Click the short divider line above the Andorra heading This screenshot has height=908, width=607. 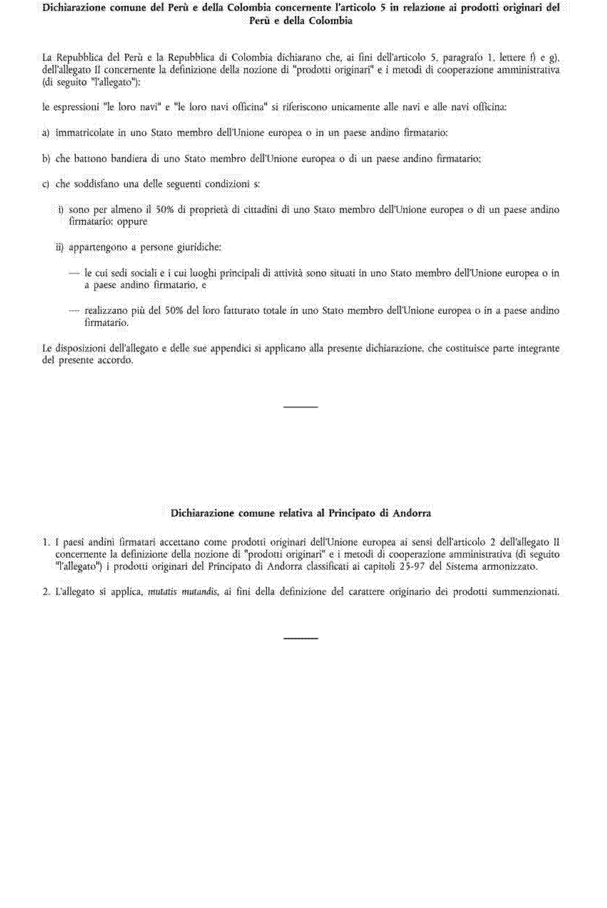301,407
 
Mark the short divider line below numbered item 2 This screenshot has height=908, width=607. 301,639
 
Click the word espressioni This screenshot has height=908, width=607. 76,107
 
